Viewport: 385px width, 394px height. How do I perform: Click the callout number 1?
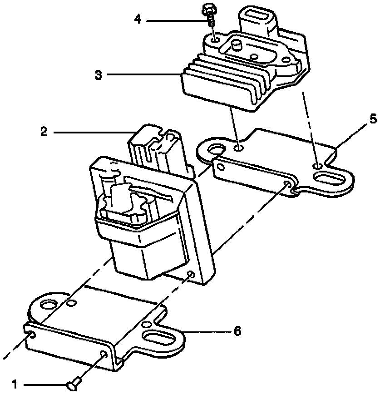(x=15, y=385)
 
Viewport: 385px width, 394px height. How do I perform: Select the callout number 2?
(x=44, y=132)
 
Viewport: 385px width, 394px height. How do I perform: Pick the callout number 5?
(x=372, y=119)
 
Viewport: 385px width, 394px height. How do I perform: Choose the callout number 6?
(x=237, y=331)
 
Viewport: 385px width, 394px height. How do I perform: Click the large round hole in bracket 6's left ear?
(x=48, y=304)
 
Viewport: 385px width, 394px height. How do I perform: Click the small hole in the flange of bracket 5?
(x=287, y=183)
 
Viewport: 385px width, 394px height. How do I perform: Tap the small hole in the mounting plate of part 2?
(x=191, y=275)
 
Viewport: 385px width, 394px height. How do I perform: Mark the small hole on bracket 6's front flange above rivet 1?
(x=104, y=355)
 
